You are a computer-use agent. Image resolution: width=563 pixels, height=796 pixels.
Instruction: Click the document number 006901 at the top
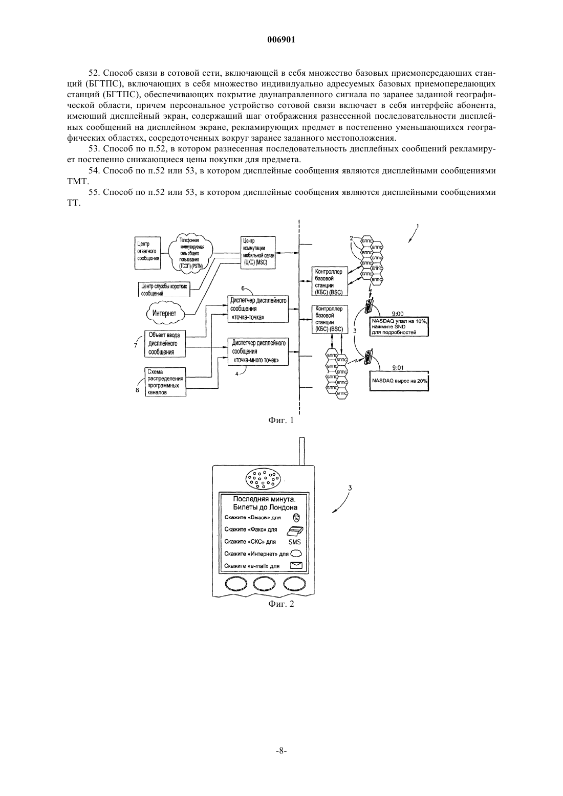281,40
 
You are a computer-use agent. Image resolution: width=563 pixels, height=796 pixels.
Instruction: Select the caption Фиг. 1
281,421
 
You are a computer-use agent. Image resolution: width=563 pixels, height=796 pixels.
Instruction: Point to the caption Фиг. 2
281,604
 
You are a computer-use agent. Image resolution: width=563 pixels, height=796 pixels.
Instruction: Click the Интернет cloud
166,314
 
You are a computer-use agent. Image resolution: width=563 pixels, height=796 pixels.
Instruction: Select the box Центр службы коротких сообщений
164,289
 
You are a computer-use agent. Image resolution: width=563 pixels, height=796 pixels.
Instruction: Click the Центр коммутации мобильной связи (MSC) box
257,253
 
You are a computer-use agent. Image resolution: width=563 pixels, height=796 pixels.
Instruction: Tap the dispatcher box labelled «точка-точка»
258,309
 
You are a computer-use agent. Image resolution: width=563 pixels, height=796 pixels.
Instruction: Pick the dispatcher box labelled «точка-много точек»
258,351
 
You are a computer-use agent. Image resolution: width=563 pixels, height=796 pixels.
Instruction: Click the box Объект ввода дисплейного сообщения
165,343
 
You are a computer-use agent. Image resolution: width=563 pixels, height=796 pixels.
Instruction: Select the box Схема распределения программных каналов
166,382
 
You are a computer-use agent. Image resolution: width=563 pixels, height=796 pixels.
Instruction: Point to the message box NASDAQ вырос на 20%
399,381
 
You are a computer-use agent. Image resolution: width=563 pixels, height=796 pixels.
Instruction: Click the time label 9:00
398,314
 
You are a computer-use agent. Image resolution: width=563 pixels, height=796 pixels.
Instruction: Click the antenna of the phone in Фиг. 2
302,451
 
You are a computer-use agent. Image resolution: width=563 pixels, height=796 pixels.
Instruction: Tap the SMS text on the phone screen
295,542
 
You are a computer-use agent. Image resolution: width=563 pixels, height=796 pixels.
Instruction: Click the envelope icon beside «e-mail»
296,565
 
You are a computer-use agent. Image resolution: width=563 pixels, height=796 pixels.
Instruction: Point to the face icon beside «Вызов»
296,517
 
